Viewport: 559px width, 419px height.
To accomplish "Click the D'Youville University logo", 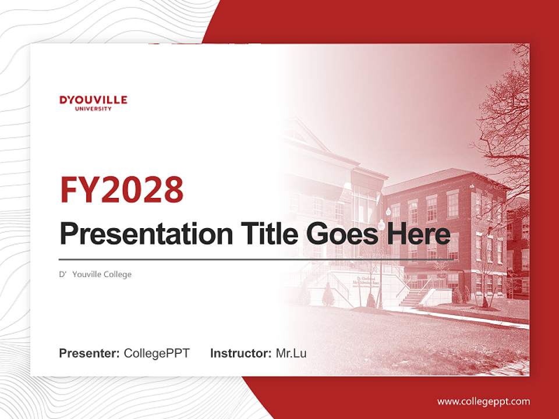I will tap(93, 102).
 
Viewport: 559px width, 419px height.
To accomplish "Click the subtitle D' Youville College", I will tap(95, 274).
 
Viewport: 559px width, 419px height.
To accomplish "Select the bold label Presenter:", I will tap(90, 353).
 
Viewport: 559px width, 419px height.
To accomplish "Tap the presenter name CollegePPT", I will tap(157, 353).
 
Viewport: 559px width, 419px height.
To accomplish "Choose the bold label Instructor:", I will tap(240, 353).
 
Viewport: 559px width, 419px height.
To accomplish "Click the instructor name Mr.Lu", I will tap(291, 353).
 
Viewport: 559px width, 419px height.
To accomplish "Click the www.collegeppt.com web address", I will tap(483, 402).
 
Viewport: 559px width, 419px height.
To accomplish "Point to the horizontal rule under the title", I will tap(256, 259).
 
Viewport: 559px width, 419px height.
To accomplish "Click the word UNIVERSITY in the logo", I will tap(93, 108).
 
